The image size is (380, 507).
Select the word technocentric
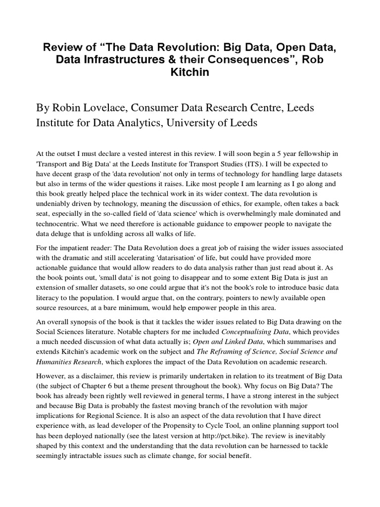point(60,224)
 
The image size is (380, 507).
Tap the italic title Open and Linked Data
point(225,341)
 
